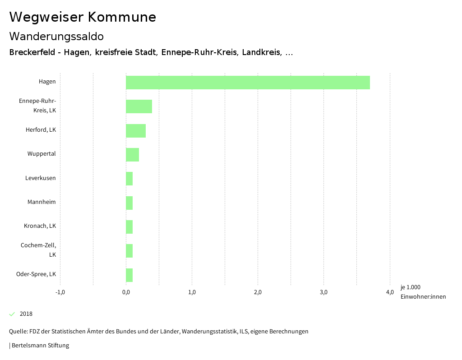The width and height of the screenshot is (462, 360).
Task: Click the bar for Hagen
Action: coord(248,83)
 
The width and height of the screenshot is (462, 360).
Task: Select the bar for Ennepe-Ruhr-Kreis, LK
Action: coord(139,106)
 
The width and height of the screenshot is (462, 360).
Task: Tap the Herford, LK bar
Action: coord(136,131)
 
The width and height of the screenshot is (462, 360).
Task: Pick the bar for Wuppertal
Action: coord(132,155)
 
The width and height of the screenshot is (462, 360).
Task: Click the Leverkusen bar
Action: coord(129,179)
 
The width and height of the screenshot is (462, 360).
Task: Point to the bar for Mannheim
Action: coord(129,203)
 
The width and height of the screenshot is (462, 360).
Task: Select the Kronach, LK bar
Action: coord(129,227)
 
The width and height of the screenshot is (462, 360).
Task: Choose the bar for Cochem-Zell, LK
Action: coord(129,251)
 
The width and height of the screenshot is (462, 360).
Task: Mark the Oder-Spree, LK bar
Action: coord(129,275)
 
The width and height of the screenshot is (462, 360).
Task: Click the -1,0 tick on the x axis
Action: coord(60,292)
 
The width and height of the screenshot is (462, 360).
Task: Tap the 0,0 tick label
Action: coord(126,292)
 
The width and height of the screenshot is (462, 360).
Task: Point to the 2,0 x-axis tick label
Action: coord(258,292)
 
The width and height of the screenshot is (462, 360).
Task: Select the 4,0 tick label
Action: coord(390,292)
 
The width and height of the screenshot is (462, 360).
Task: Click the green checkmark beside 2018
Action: coord(12,314)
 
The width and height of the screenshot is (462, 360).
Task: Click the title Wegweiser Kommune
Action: coord(83,17)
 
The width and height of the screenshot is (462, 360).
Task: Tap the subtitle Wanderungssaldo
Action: coord(56,37)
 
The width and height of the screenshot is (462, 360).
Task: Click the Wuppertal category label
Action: coord(42,154)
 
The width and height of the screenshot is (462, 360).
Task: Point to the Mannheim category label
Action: coord(42,202)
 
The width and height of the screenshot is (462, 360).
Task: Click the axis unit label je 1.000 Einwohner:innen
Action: coord(423,292)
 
